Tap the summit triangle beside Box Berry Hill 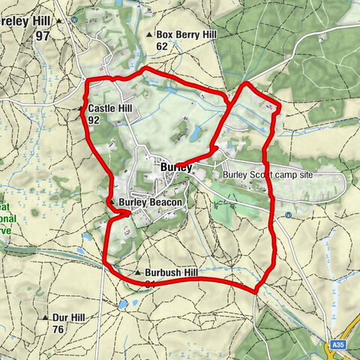coord(149,35)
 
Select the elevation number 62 coord(162,46)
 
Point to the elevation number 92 coord(94,120)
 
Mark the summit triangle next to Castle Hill coord(81,109)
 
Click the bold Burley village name coord(175,167)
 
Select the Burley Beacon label coord(151,202)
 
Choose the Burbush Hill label coord(172,273)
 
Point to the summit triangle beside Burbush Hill coord(139,273)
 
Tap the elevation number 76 coord(58,329)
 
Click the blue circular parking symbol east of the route coord(288,215)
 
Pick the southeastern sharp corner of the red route coord(256,291)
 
